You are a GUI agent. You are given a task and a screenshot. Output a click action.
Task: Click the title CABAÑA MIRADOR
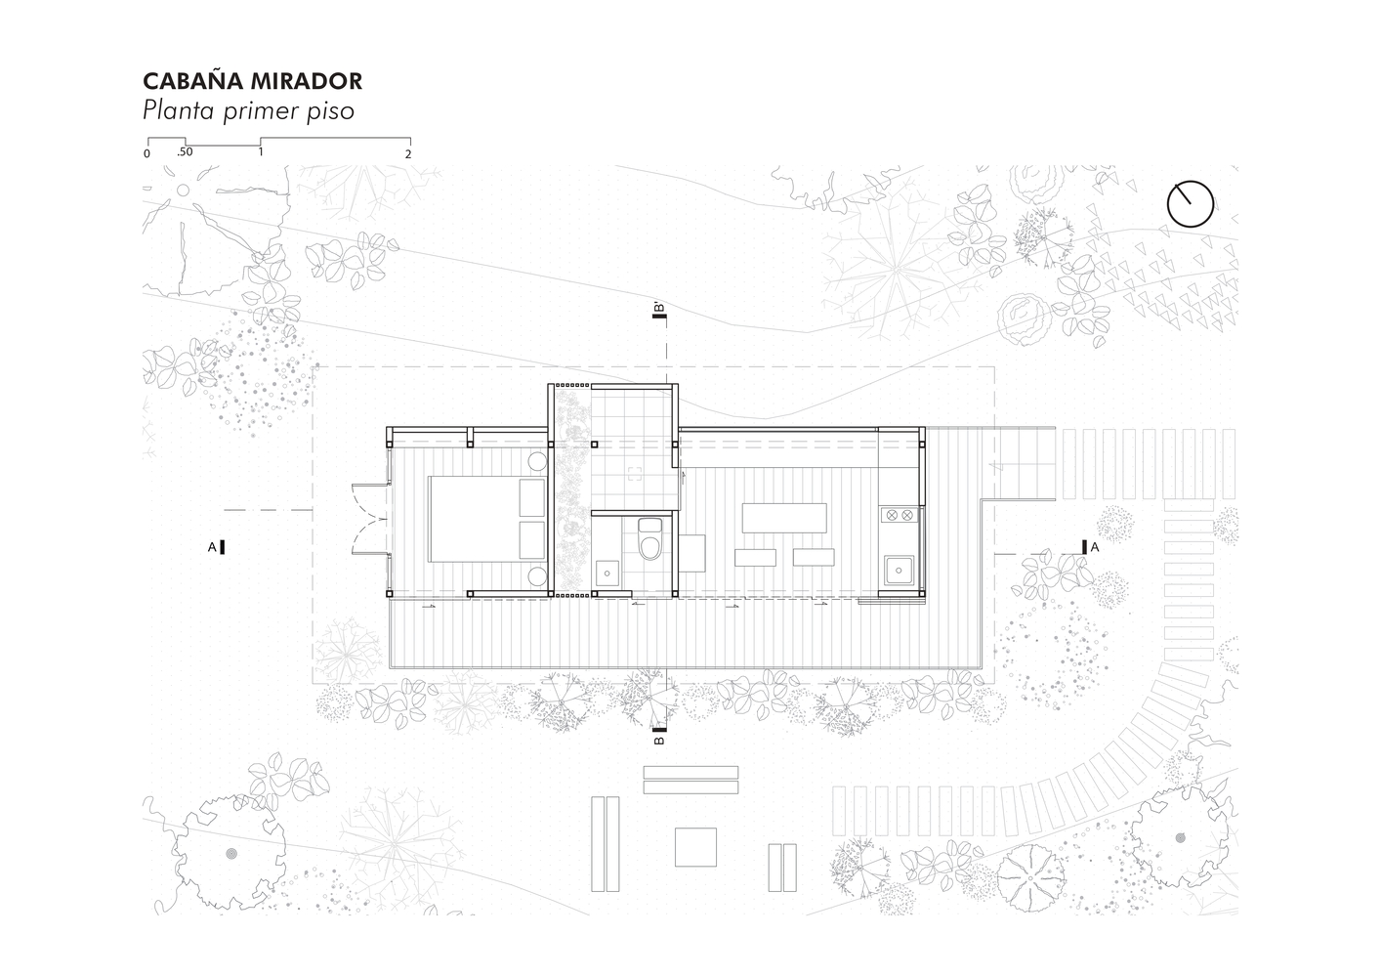click(x=252, y=81)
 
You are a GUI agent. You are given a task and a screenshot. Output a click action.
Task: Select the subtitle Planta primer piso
click(x=248, y=111)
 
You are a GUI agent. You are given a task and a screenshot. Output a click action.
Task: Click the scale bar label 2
click(x=408, y=154)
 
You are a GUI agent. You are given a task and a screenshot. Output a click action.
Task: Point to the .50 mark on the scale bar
click(x=185, y=151)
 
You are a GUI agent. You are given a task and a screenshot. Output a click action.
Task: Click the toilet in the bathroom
click(x=649, y=538)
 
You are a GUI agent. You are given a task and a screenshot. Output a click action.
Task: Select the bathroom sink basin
click(x=607, y=573)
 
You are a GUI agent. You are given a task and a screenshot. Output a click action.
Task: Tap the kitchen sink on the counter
click(x=900, y=571)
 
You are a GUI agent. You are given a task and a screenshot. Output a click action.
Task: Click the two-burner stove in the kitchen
click(x=899, y=515)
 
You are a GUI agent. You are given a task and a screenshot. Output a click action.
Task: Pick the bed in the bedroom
click(x=487, y=519)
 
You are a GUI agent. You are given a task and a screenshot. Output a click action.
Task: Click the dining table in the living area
click(x=784, y=518)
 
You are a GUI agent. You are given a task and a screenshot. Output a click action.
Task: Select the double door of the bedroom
click(x=370, y=520)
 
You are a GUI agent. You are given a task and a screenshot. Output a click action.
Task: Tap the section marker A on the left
click(x=217, y=547)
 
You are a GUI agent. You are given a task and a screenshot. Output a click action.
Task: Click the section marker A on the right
click(x=1090, y=547)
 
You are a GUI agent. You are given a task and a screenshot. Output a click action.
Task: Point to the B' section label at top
click(x=659, y=311)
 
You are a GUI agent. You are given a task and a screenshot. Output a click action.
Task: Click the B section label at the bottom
click(x=659, y=737)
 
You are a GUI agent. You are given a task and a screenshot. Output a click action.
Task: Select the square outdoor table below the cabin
click(x=695, y=847)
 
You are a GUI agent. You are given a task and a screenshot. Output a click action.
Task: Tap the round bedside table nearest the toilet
click(x=537, y=576)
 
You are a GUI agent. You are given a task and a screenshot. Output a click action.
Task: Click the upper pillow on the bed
click(x=532, y=497)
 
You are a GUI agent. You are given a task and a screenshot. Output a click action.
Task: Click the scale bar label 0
click(x=146, y=154)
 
